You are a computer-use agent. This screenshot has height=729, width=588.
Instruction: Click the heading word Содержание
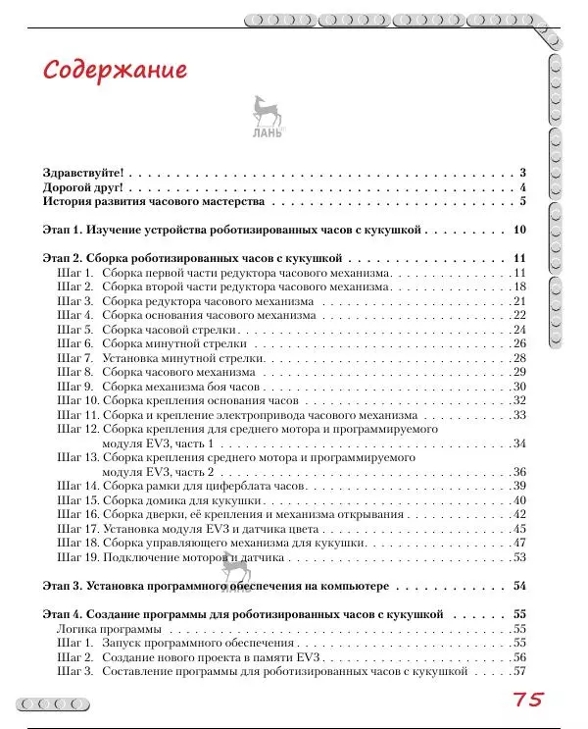pos(115,73)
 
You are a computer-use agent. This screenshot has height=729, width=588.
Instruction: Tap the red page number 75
pos(526,700)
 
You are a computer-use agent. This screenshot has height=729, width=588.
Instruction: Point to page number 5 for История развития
pos(524,201)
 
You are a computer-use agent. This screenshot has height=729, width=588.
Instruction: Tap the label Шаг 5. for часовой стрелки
pos(74,330)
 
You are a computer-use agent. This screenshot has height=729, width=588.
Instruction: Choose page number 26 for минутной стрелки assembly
pos(520,343)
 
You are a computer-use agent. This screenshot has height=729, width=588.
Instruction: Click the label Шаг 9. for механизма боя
pos(74,387)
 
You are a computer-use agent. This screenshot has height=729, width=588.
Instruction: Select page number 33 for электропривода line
pos(520,415)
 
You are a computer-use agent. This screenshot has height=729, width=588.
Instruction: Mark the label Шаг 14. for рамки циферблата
pos(77,486)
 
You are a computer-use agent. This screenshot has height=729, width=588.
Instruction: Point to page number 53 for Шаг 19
pos(520,557)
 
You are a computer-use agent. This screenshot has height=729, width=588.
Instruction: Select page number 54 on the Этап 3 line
pos(520,586)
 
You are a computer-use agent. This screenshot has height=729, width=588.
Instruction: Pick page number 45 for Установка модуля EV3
pos(520,529)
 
